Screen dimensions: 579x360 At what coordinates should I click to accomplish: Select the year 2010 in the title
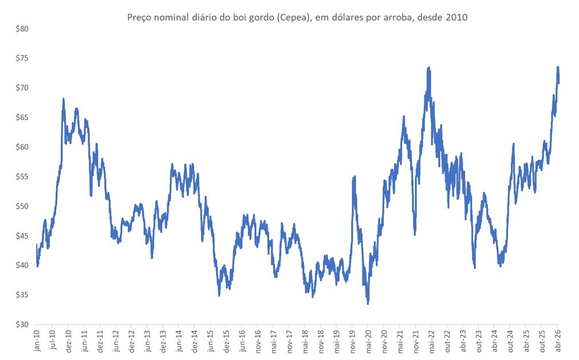pyautogui.click(x=456, y=17)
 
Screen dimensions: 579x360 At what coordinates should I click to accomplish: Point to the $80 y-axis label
pyautogui.click(x=22, y=29)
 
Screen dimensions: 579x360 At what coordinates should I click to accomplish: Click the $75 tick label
pyautogui.click(x=22, y=58)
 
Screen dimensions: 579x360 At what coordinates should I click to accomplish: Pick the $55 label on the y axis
pyautogui.click(x=22, y=177)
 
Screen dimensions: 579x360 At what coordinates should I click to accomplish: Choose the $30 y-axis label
pyautogui.click(x=22, y=325)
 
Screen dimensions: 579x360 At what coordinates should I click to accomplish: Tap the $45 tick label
pyautogui.click(x=22, y=236)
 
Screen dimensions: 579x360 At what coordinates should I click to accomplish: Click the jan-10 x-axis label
pyautogui.click(x=37, y=340)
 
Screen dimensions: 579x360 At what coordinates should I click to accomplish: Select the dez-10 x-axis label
pyautogui.click(x=68, y=341)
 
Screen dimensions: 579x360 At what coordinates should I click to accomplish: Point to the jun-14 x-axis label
pyautogui.click(x=178, y=341)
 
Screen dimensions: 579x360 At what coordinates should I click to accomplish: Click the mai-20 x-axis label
pyautogui.click(x=368, y=341)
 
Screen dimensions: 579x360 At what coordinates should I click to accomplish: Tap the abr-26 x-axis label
pyautogui.click(x=557, y=341)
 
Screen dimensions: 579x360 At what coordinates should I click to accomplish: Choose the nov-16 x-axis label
pyautogui.click(x=257, y=341)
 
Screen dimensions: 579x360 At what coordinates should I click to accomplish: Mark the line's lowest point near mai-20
pyautogui.click(x=368, y=303)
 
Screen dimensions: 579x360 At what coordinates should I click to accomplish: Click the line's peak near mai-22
pyautogui.click(x=429, y=68)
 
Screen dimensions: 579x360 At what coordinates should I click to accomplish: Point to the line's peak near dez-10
pyautogui.click(x=64, y=99)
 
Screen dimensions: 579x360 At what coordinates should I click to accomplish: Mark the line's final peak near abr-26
pyautogui.click(x=558, y=67)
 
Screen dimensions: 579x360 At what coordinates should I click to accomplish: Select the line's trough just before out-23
pyautogui.click(x=475, y=267)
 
